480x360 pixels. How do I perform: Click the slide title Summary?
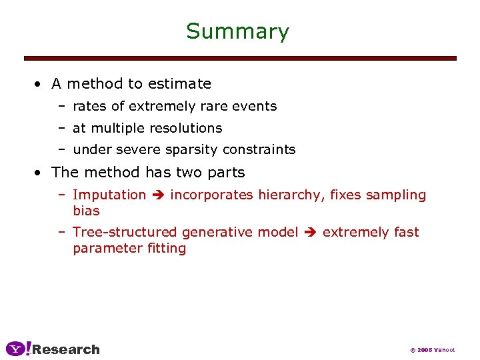click(237, 32)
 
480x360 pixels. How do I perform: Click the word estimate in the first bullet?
click(179, 84)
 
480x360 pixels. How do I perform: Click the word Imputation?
click(109, 195)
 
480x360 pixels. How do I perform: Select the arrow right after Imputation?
click(158, 195)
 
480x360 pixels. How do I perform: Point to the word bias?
click(86, 211)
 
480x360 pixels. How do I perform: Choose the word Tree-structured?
click(125, 232)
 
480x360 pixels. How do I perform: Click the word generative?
click(217, 232)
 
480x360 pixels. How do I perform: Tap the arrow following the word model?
click(310, 233)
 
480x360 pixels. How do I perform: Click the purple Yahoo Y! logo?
click(18, 349)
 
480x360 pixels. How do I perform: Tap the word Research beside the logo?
click(66, 349)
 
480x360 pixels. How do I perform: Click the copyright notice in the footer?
click(432, 350)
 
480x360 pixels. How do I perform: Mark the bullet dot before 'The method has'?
click(41, 173)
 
